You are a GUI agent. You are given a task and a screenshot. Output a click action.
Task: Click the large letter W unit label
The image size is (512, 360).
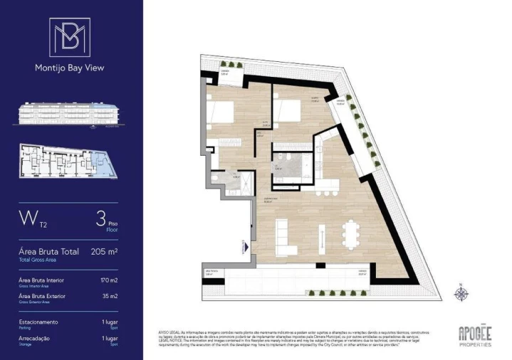(x=28, y=216)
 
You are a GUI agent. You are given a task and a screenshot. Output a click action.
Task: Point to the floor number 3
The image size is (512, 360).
(x=101, y=217)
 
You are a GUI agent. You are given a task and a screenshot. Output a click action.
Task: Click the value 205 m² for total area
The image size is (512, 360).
(x=105, y=251)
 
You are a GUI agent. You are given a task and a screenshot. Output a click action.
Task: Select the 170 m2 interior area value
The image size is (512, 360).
(x=110, y=280)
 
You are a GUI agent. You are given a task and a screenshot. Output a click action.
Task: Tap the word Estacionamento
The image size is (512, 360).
(x=38, y=322)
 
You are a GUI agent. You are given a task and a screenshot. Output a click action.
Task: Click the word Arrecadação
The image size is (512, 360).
(x=34, y=339)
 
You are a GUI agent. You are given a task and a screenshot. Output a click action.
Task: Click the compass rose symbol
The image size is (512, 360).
(x=462, y=293)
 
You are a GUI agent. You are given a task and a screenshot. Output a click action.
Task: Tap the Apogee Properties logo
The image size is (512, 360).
(x=474, y=334)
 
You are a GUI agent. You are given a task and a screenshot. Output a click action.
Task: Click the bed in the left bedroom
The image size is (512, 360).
(x=219, y=112)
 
